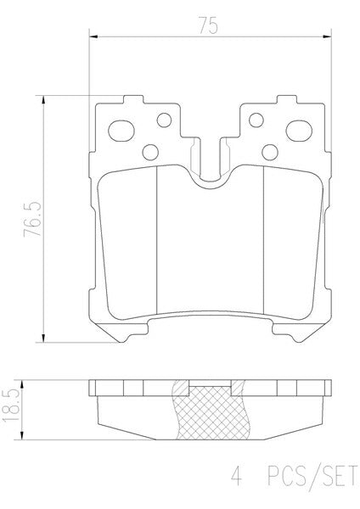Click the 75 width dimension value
tap(208, 26)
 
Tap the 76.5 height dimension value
tap(32, 219)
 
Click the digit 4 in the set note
tap(237, 476)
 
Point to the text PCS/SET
tap(312, 476)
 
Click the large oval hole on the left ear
tap(121, 131)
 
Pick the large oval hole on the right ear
tap(299, 131)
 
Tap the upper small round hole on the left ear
tap(164, 120)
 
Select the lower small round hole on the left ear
tap(150, 152)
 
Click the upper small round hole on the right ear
tap(256, 120)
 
